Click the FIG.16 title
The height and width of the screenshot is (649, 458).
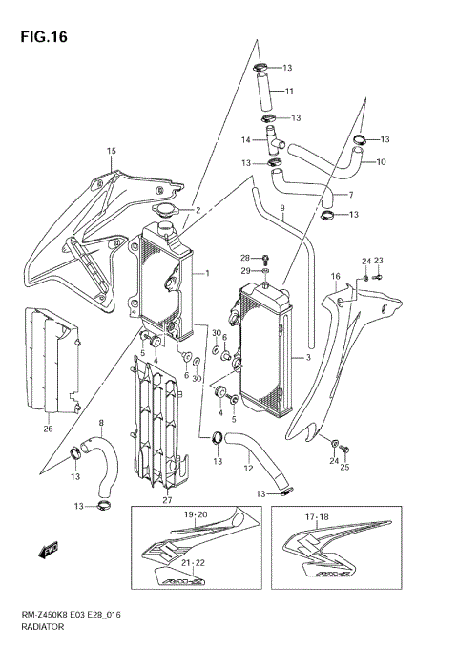click(39, 36)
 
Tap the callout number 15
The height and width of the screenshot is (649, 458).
click(111, 151)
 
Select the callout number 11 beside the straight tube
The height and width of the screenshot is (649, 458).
click(289, 92)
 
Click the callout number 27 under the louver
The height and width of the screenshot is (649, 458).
click(167, 500)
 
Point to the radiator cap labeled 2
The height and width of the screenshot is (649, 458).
click(168, 211)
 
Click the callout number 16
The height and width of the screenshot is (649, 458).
click(335, 277)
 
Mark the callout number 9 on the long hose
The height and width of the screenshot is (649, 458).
click(282, 208)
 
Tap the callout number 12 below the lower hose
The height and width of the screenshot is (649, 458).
click(247, 469)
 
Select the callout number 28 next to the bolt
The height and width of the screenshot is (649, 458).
click(244, 258)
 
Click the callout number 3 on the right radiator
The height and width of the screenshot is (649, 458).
click(307, 357)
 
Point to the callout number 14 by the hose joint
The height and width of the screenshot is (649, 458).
click(245, 139)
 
